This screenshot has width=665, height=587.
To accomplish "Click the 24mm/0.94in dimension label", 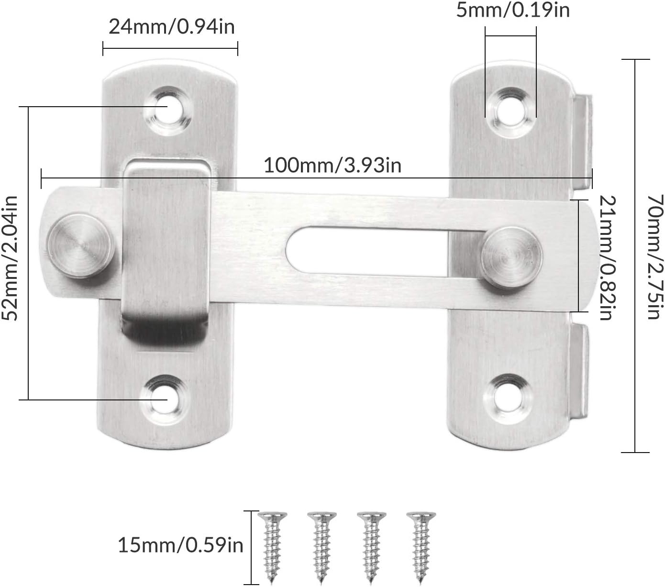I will click(172, 27).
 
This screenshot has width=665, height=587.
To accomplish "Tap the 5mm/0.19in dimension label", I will click(513, 10).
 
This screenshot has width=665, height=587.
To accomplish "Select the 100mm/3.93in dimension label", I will click(332, 166).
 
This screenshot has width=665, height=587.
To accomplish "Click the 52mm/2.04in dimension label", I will click(11, 258).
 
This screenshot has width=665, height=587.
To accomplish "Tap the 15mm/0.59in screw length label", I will click(181, 545).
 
